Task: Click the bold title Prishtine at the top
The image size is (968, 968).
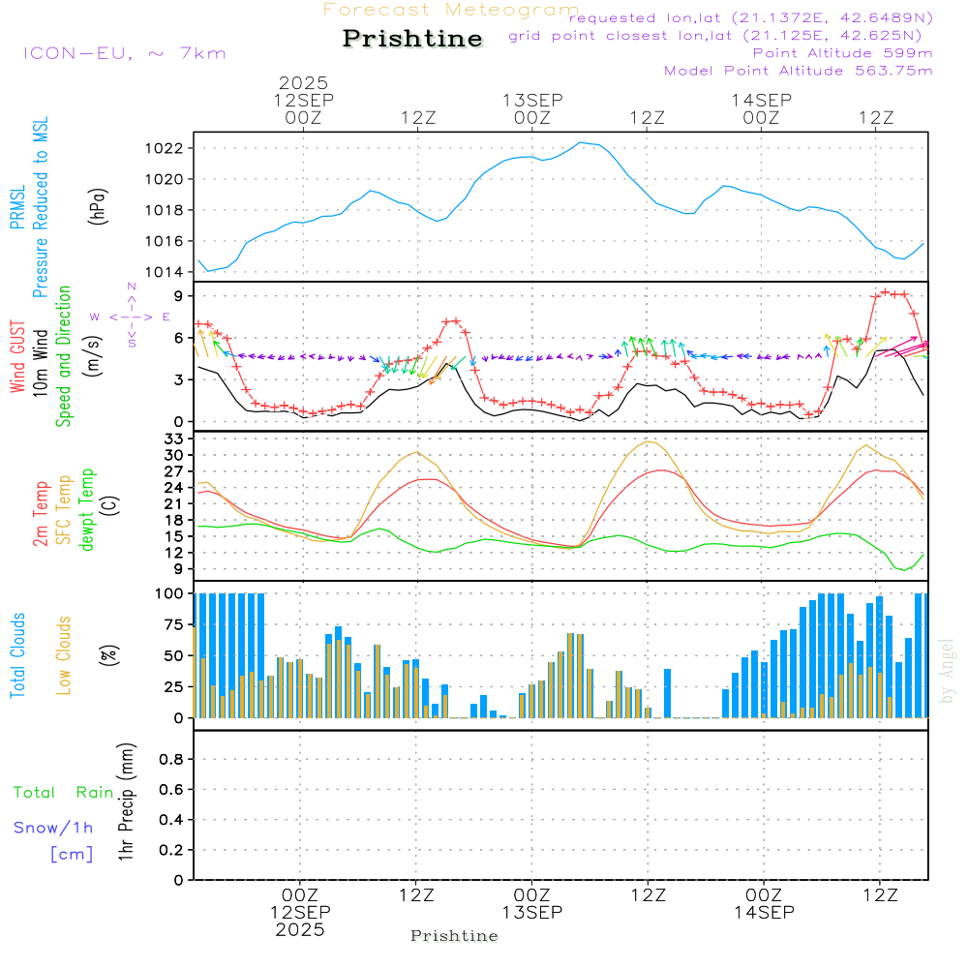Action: coord(412,39)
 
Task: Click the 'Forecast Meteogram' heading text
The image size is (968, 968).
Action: coord(451,10)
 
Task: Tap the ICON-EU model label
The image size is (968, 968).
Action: coord(124,52)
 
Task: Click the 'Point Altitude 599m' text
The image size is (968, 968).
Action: coord(842,53)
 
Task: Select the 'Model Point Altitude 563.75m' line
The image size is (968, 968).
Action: coord(798,71)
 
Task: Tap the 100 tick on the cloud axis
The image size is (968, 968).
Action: coord(169,593)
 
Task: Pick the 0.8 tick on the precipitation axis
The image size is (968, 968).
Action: coord(170,760)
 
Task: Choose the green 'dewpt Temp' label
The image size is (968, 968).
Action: coord(88,510)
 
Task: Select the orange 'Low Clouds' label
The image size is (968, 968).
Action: coord(65,654)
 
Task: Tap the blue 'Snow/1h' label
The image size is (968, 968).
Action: coord(54,828)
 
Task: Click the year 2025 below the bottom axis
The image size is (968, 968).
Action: coord(300,930)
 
